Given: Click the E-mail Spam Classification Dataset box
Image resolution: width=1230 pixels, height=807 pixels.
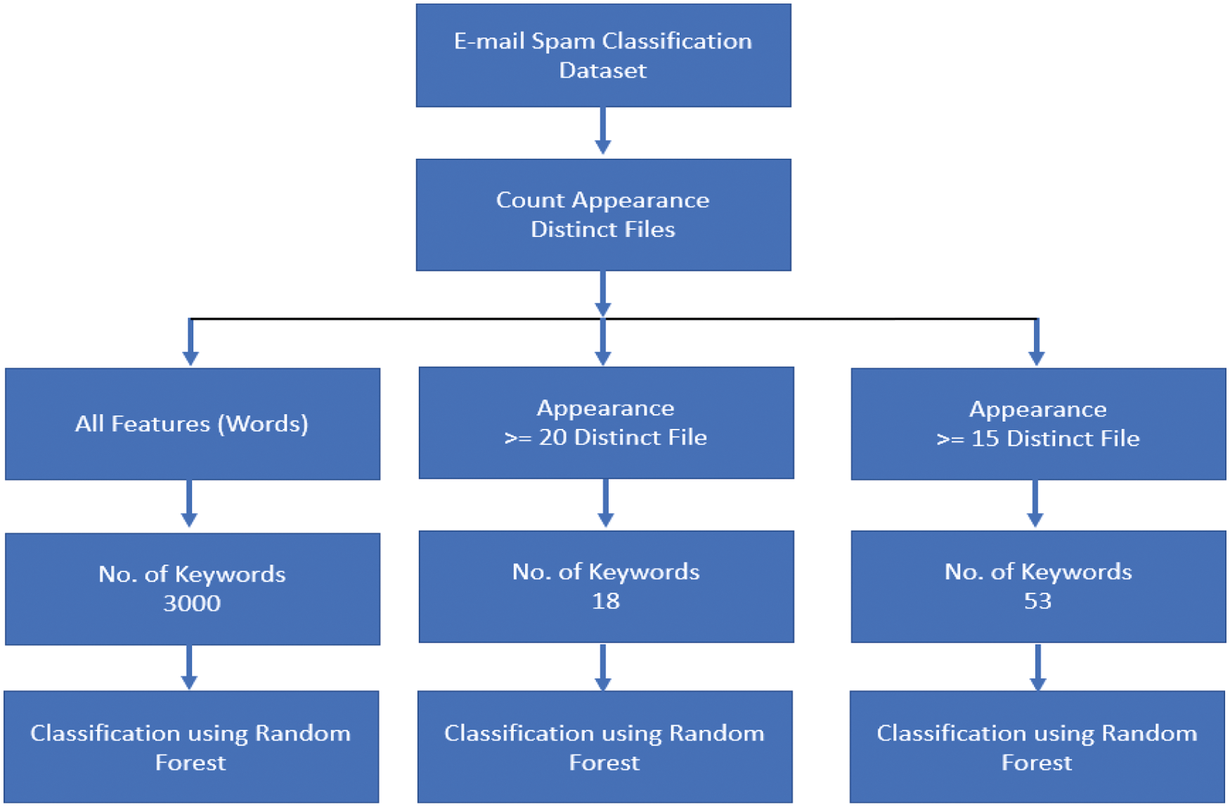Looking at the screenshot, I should pos(603,55).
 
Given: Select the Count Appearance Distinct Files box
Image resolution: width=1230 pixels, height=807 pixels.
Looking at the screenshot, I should pos(603,214).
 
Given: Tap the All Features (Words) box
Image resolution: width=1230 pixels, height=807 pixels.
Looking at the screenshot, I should pos(192,424).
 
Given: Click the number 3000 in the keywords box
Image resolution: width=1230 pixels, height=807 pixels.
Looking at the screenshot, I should pos(192,603).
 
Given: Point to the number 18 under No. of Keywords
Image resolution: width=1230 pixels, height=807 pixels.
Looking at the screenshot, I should pos(605,601).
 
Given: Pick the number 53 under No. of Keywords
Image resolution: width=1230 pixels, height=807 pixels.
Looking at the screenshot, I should pos(1037,601).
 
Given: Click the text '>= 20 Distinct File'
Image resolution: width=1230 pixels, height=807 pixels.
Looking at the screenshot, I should pos(605,437).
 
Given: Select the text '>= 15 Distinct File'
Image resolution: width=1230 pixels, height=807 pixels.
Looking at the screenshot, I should pos(1037,439).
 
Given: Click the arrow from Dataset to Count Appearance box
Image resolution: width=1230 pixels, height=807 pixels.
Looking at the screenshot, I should pos(603,131).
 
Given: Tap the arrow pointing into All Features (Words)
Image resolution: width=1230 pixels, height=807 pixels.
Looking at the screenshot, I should pos(190,343).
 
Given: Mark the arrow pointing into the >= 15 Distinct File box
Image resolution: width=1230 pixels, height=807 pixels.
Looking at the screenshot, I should pos(1037,343).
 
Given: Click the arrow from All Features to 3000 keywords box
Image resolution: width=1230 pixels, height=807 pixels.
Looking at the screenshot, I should pos(189,504).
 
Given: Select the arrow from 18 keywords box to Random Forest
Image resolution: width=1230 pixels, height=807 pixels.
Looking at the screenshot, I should pos(603,667).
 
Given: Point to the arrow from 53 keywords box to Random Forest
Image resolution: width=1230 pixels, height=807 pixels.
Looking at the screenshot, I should pos(1037,667).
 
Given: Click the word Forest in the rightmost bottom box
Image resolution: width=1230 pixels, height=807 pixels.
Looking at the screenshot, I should pos(1037,763).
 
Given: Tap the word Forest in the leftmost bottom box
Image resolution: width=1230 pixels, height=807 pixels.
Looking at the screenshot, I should pos(190,763).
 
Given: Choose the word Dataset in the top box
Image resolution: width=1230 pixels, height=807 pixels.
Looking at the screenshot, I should pos(602,70).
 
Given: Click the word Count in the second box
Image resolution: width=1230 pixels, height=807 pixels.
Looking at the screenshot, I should pos(530,200).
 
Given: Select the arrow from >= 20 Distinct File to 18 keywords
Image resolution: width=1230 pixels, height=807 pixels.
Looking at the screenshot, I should pos(605,504).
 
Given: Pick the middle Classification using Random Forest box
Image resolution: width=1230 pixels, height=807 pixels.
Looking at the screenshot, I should pos(604,747).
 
